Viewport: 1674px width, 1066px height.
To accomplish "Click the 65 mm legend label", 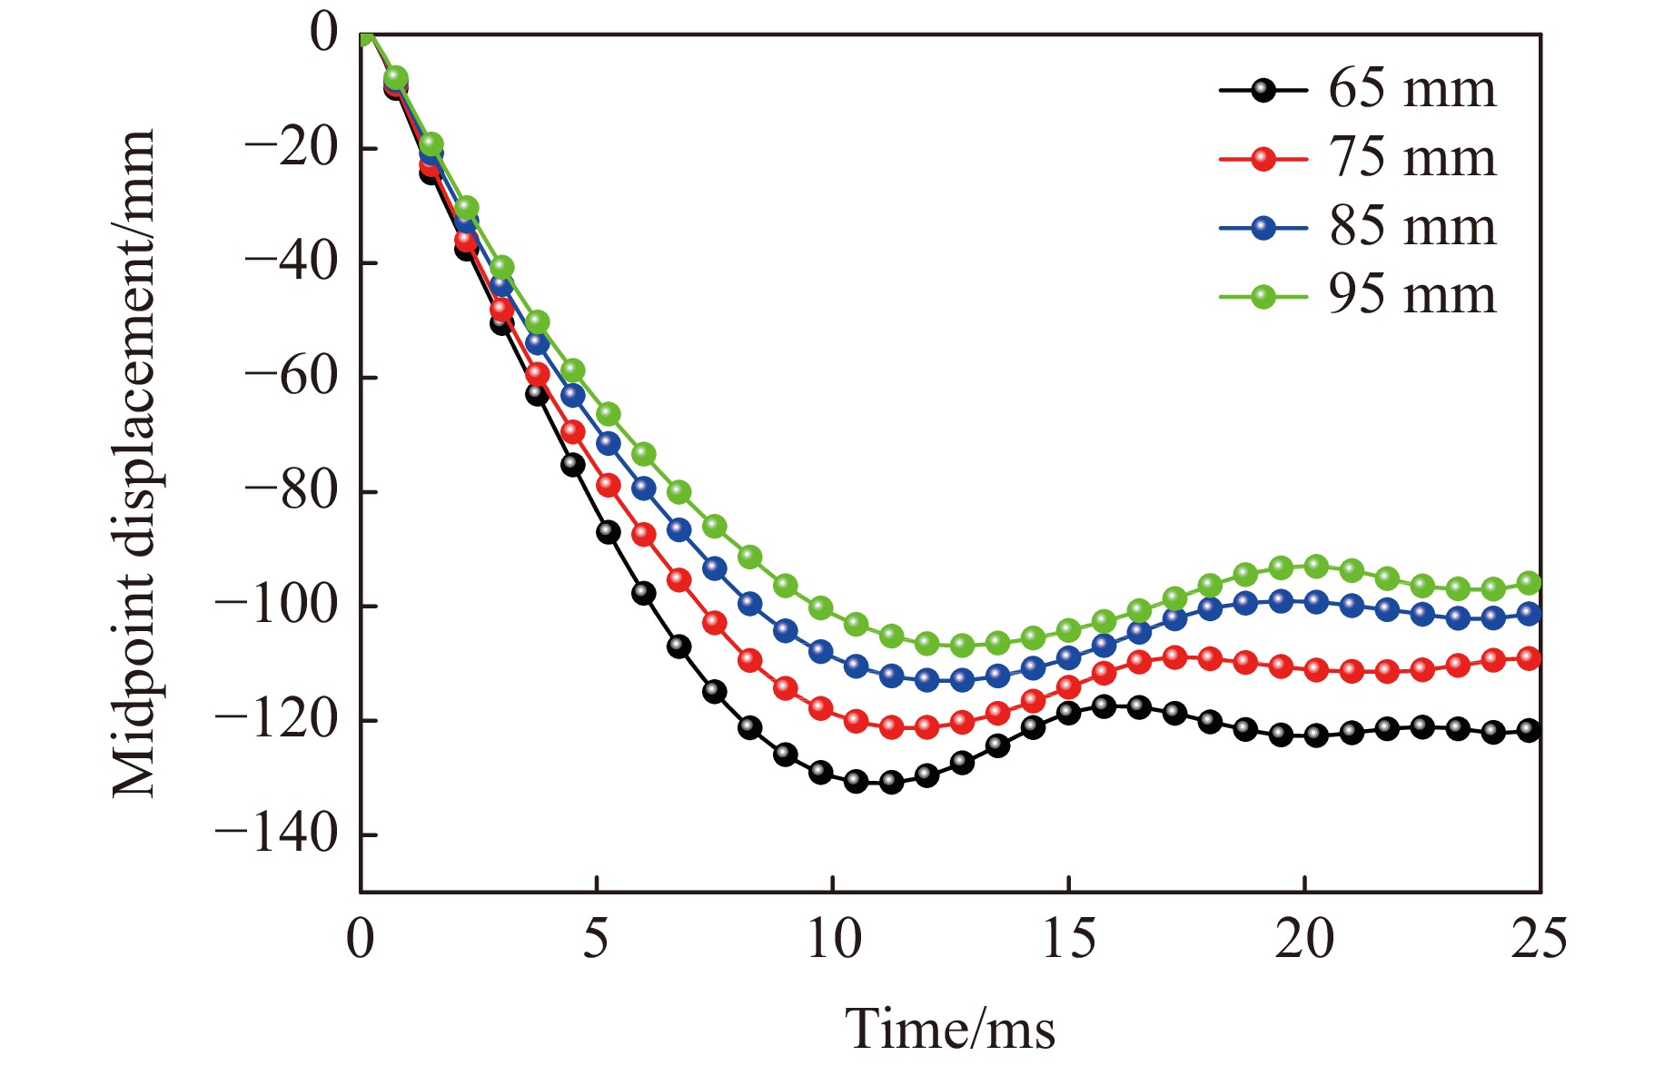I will pyautogui.click(x=1412, y=89).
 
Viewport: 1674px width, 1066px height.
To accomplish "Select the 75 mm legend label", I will pyautogui.click(x=1412, y=158).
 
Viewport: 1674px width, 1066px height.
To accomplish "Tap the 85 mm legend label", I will pyautogui.click(x=1412, y=227).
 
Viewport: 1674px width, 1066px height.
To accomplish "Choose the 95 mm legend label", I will pyautogui.click(x=1412, y=295).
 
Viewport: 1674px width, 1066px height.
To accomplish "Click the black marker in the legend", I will pyautogui.click(x=1263, y=90).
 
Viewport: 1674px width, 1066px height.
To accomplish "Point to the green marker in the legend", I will pyautogui.click(x=1263, y=296).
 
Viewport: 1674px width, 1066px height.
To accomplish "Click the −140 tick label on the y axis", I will pyautogui.click(x=276, y=834).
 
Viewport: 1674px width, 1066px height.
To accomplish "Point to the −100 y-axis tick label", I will pyautogui.click(x=276, y=605).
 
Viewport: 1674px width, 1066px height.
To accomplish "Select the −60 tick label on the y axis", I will pyautogui.click(x=291, y=376).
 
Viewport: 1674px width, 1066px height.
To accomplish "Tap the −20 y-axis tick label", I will pyautogui.click(x=291, y=147).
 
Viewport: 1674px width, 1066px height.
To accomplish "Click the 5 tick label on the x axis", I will pyautogui.click(x=596, y=939).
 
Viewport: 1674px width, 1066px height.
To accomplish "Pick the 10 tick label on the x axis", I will pyautogui.click(x=833, y=939).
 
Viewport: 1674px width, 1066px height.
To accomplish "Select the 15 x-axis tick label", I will pyautogui.click(x=1068, y=939).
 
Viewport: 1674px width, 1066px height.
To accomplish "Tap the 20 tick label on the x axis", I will pyautogui.click(x=1304, y=939).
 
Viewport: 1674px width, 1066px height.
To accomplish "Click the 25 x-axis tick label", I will pyautogui.click(x=1539, y=939).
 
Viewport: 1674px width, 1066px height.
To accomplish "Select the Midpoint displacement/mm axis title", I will pyautogui.click(x=134, y=463).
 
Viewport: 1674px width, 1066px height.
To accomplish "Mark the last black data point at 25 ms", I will pyautogui.click(x=1530, y=730).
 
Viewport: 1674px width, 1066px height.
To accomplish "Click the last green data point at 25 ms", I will pyautogui.click(x=1530, y=583).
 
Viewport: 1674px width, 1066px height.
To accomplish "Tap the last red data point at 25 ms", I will pyautogui.click(x=1530, y=658).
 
